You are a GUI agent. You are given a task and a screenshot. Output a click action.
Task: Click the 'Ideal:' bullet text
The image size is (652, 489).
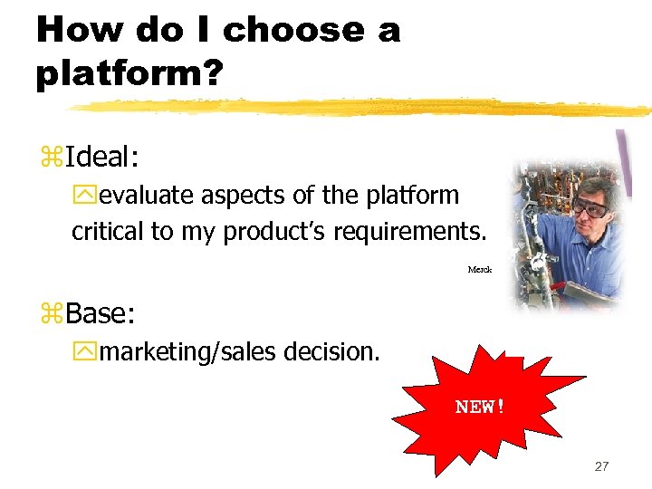pyautogui.click(x=101, y=158)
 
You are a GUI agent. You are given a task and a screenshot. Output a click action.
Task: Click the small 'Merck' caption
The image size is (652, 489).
pyautogui.click(x=479, y=270)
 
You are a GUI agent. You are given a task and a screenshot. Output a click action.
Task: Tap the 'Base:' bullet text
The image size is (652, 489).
pyautogui.click(x=100, y=314)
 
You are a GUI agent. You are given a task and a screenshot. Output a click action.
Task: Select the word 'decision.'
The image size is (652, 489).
pyautogui.click(x=331, y=351)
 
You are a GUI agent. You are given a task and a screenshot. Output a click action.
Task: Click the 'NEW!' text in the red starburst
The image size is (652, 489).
pyautogui.click(x=480, y=407)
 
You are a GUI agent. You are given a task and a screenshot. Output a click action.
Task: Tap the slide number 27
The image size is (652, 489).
pyautogui.click(x=601, y=466)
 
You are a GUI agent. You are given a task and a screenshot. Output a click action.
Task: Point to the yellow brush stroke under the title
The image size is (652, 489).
pyautogui.click(x=362, y=107)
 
